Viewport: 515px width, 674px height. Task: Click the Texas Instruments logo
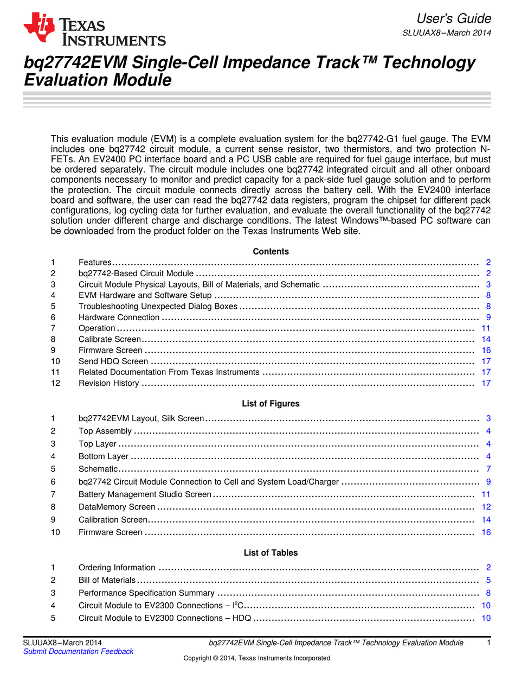[x=94, y=30]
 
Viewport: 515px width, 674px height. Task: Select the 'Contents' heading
[x=271, y=251]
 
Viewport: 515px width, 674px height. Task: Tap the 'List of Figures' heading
[x=271, y=403]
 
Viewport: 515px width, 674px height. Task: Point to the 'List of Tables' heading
[x=271, y=552]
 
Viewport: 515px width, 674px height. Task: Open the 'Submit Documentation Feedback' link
[x=78, y=651]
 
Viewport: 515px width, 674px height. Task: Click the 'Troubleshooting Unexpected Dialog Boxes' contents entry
[x=158, y=306]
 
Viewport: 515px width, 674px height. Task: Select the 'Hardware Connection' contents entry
[x=119, y=317]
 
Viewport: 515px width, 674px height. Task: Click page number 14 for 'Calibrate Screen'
[x=486, y=339]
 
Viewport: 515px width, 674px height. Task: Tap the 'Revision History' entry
[x=108, y=383]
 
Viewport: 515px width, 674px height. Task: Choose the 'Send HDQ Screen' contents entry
[x=113, y=361]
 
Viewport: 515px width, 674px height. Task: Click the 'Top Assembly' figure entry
[x=105, y=431]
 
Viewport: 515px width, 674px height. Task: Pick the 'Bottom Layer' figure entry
[x=103, y=456]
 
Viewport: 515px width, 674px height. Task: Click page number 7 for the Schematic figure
[x=488, y=469]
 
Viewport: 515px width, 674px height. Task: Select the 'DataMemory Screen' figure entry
[x=117, y=507]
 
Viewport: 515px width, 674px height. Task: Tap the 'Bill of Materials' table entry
[x=107, y=580]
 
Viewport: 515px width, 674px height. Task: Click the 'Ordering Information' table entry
[x=117, y=568]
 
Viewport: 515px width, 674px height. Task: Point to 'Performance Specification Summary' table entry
[x=146, y=593]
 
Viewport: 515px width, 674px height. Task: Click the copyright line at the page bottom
[x=256, y=658]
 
